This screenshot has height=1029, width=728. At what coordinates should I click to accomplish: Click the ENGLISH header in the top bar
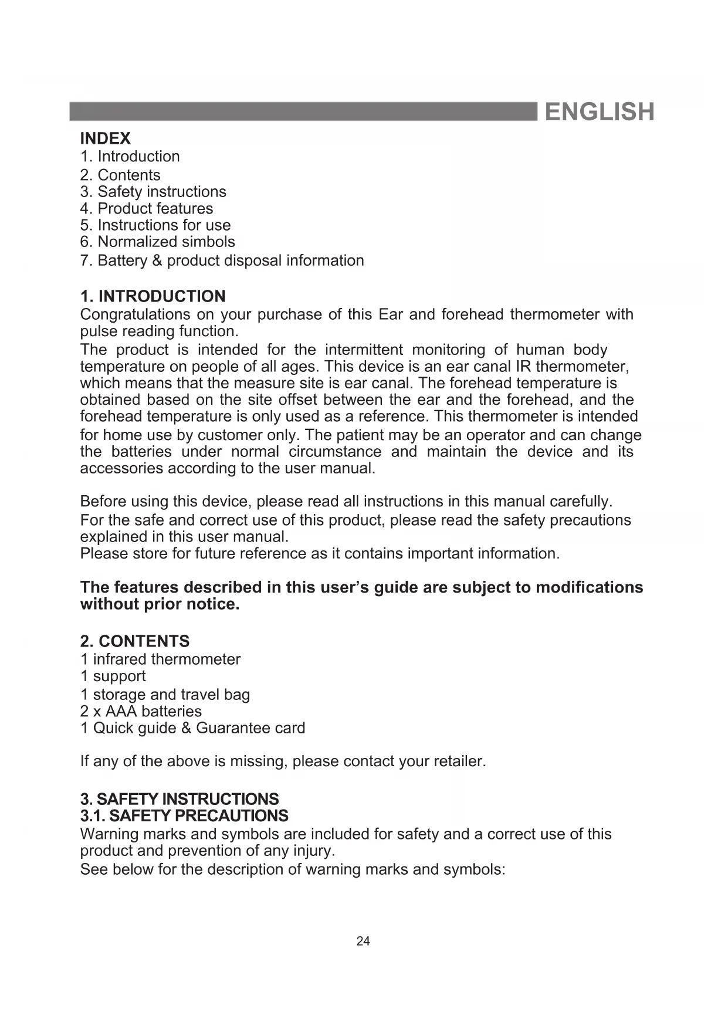(x=599, y=111)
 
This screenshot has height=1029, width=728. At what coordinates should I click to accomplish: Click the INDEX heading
(x=105, y=138)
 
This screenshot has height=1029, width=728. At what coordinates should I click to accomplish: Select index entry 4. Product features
(x=147, y=208)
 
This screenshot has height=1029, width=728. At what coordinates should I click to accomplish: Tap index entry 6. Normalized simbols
(x=157, y=242)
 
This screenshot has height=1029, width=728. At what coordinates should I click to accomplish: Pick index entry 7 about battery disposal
(x=222, y=260)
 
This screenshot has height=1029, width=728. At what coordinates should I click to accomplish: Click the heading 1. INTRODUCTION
(x=153, y=296)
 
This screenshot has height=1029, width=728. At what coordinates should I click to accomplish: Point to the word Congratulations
(x=135, y=314)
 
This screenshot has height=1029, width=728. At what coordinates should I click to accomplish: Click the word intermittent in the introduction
(x=364, y=350)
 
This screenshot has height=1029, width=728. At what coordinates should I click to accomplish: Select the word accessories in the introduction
(x=121, y=469)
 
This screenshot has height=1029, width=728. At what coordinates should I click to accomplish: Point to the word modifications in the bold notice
(x=589, y=588)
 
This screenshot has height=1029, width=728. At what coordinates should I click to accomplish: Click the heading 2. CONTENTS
(x=135, y=641)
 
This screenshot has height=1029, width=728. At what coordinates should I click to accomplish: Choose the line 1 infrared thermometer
(x=160, y=659)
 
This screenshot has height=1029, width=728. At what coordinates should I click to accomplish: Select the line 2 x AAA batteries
(x=141, y=712)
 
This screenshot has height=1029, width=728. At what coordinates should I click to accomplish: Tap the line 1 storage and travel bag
(x=165, y=695)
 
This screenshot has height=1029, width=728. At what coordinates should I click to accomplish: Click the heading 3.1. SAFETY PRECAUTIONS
(x=184, y=816)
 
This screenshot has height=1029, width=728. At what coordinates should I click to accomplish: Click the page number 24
(x=363, y=942)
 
